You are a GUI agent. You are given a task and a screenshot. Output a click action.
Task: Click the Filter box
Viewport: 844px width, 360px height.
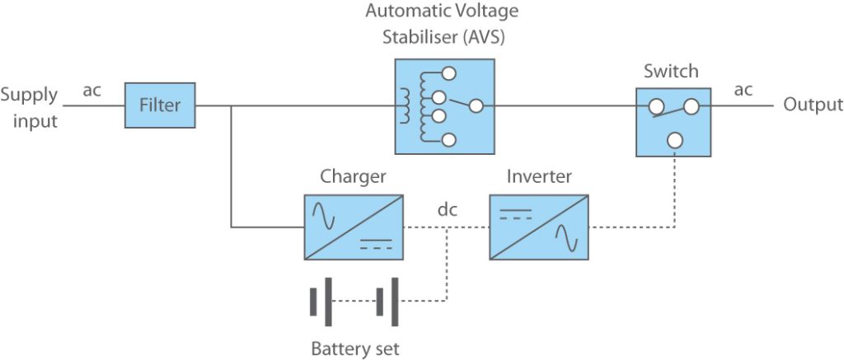[x=160, y=105]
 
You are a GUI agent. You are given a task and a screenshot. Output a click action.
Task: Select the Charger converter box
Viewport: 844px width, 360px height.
[x=354, y=227]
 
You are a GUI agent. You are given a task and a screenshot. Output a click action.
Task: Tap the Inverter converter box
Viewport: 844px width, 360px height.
[x=539, y=227]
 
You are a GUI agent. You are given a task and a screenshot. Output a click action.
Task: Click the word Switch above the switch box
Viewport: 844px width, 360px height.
[x=671, y=71]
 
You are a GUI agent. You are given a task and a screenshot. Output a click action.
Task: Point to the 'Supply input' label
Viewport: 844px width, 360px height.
[x=29, y=108]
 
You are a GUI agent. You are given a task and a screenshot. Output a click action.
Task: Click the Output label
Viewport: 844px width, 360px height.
[x=813, y=105]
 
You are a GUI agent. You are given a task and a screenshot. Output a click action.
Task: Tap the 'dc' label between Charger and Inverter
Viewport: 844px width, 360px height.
[x=448, y=210]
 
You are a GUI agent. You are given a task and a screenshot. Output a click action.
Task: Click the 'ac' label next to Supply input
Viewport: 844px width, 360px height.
[x=91, y=91]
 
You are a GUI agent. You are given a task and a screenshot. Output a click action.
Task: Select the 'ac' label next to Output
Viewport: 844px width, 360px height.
[x=743, y=90]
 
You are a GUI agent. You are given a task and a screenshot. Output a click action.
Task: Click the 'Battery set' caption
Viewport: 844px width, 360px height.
[x=355, y=348]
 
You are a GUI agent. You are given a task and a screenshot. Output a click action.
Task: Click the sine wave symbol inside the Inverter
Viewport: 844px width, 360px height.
[x=567, y=238]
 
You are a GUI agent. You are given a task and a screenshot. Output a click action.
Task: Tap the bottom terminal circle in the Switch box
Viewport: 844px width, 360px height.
[x=674, y=141]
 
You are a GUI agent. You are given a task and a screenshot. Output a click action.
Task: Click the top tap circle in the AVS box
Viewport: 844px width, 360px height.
[x=449, y=73]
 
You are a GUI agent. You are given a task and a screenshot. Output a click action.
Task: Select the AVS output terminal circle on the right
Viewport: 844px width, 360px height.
[x=476, y=106]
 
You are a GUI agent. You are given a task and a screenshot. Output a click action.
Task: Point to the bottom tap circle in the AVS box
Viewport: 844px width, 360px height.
[x=448, y=140]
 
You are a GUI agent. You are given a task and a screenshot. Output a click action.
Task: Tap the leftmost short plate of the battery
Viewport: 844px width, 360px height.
[x=313, y=302]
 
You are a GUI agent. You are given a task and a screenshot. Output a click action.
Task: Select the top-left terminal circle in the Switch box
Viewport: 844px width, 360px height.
[x=656, y=107]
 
